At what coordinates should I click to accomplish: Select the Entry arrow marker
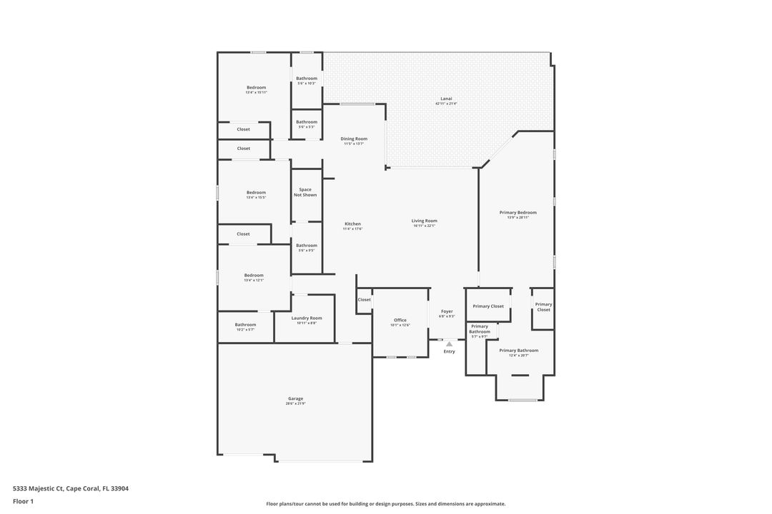[x=449, y=344]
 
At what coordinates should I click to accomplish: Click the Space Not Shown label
[x=305, y=192]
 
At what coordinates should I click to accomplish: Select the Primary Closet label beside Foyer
[x=488, y=306]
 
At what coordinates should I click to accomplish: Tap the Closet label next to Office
[x=365, y=299]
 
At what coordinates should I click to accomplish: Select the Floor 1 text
[x=23, y=501]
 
